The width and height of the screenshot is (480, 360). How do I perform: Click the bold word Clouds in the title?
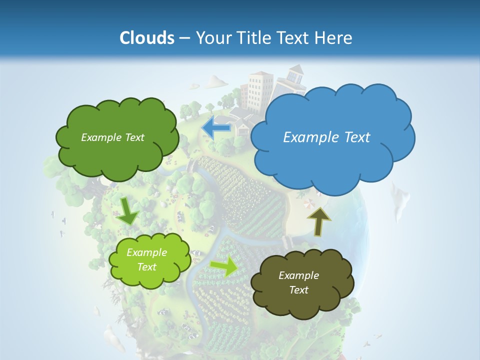(146, 38)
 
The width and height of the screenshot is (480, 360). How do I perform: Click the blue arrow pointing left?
(216, 128)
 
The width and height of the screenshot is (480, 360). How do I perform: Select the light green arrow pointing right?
(224, 266)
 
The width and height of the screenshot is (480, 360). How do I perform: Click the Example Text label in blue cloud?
(326, 137)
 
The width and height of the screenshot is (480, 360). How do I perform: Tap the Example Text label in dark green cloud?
(112, 137)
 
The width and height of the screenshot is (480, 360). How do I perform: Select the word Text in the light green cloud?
(146, 267)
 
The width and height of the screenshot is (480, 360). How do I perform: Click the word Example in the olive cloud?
(298, 275)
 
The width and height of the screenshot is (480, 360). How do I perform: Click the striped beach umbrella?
(310, 203)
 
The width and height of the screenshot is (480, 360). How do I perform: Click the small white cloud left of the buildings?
(215, 80)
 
